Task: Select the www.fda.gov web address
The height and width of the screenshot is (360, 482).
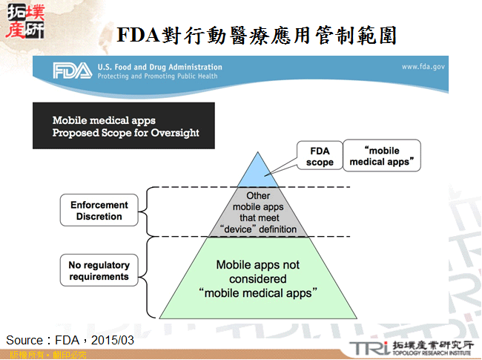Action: coord(423,67)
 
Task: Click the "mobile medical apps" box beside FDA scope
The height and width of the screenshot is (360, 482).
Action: coord(381,156)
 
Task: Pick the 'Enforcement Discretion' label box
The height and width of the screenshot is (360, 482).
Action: coord(99,211)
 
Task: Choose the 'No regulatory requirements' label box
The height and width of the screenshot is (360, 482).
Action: coord(99,271)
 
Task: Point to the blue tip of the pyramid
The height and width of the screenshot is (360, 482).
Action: coord(257,171)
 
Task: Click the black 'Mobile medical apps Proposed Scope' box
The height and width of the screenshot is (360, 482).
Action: coord(123,126)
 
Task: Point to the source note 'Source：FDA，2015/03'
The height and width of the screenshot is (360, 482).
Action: coord(70,340)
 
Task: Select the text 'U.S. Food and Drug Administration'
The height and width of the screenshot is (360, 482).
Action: coord(159,67)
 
